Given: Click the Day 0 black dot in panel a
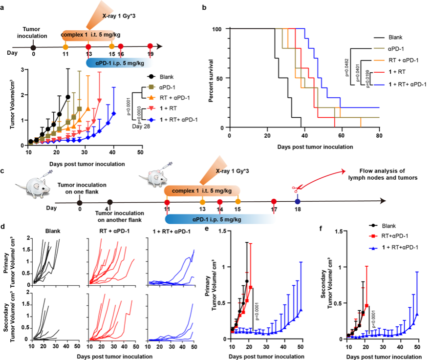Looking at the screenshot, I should coord(33,47).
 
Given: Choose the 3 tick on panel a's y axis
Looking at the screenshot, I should coord(24,69).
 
